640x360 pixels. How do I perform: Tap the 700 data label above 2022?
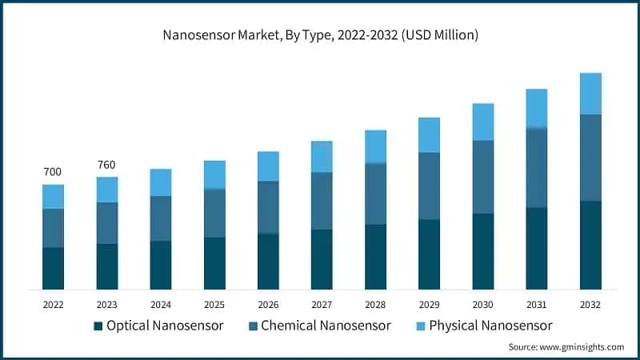pos(53,172)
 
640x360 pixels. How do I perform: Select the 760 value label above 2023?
pos(106,165)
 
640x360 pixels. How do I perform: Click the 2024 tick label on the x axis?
pos(160,305)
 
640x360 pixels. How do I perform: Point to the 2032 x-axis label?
pos(590,305)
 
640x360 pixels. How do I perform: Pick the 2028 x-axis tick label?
pos(375,305)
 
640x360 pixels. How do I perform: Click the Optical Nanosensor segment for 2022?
pos(53,268)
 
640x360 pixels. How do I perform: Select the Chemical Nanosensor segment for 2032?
pos(590,158)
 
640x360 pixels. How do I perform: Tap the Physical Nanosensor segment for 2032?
pos(590,94)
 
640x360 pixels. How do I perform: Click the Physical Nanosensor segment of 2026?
pos(268,166)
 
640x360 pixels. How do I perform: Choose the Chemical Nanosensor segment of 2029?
pos(429,186)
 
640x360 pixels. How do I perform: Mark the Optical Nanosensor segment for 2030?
pos(482,251)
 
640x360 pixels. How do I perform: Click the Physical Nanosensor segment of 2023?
pos(106,190)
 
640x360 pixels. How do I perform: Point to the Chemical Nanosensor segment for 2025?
pos(214,213)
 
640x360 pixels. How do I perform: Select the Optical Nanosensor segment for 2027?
pos(322,259)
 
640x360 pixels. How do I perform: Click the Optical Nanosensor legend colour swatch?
pos(98,326)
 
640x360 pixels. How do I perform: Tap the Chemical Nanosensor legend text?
pos(326,326)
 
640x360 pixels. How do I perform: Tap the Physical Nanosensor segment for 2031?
pos(536,108)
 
